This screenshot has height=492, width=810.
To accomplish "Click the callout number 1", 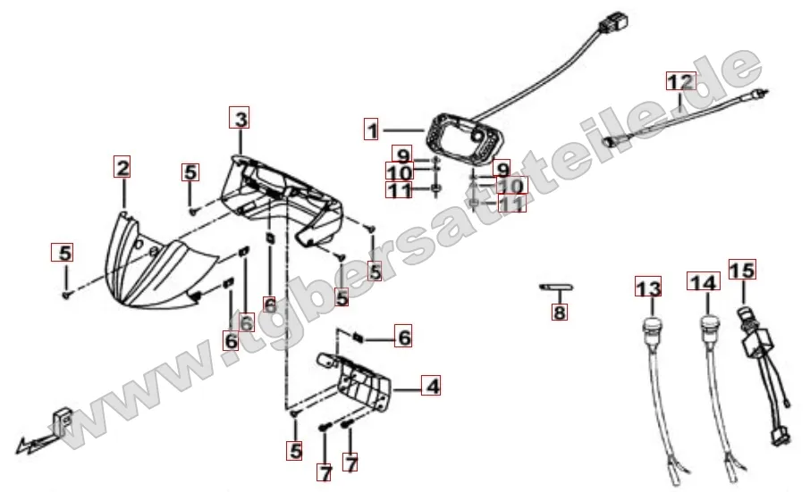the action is [x=372, y=129].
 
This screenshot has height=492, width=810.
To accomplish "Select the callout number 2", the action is [x=122, y=167].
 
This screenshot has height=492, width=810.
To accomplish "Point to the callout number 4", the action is [x=431, y=385].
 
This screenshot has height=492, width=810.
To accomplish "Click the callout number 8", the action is [x=560, y=311].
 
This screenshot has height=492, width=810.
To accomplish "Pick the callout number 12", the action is [x=679, y=81].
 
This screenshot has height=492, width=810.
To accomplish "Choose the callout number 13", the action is [x=648, y=287].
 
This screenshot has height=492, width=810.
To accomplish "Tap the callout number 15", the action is [x=742, y=269].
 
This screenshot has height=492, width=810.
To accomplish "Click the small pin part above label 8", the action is [x=557, y=287].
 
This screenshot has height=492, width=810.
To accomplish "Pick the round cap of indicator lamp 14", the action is [x=709, y=325].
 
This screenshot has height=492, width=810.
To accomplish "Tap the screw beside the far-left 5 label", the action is [x=67, y=295].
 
